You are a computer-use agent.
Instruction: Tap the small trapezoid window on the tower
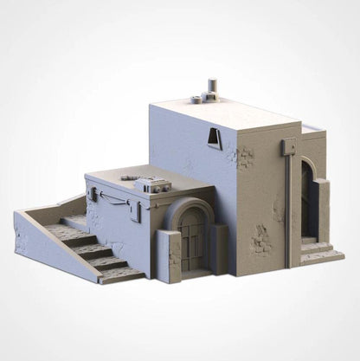(x=213, y=138)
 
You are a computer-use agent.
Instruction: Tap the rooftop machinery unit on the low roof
(x=155, y=184)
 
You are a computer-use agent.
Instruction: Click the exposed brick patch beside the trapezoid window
(x=245, y=157)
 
